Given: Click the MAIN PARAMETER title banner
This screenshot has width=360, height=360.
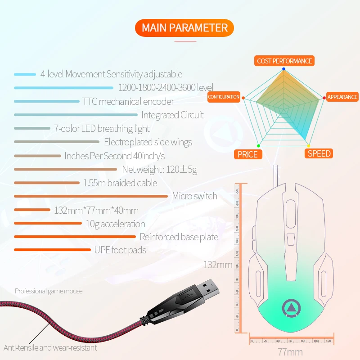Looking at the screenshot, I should (x=184, y=28).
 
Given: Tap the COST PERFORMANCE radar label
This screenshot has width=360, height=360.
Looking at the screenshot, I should (x=284, y=61).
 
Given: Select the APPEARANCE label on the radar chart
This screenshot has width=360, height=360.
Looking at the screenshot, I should (x=342, y=97).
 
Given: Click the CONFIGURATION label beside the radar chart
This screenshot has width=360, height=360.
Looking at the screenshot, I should (x=224, y=97).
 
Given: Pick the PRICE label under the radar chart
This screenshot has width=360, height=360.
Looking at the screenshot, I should (x=247, y=154).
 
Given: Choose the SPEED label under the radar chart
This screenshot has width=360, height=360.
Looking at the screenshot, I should (x=319, y=153).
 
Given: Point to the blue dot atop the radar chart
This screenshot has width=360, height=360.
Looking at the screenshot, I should (x=283, y=69).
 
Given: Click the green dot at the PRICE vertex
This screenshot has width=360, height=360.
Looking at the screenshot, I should (x=258, y=146).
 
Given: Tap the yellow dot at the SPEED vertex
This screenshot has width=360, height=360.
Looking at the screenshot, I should (x=308, y=146).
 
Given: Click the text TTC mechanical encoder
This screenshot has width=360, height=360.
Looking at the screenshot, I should (x=128, y=101).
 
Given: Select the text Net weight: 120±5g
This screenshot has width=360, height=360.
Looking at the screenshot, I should (x=160, y=170).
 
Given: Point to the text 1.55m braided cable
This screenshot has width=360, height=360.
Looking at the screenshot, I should (x=120, y=183).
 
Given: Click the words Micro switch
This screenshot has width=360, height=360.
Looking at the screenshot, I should (x=194, y=196).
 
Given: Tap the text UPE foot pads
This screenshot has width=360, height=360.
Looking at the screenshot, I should (x=120, y=250).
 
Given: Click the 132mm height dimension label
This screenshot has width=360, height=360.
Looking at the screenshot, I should (x=218, y=264).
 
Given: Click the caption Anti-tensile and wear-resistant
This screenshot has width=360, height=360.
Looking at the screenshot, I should (x=50, y=347).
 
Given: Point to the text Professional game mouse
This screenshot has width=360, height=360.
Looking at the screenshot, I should (x=49, y=291).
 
